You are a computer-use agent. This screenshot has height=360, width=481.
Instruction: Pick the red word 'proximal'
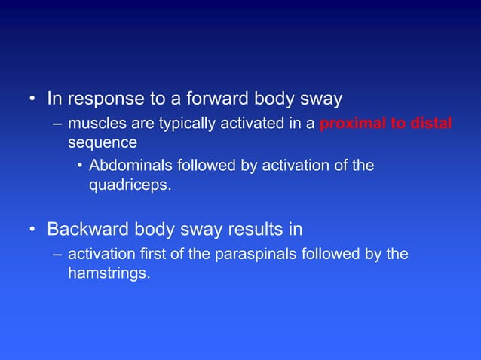352,124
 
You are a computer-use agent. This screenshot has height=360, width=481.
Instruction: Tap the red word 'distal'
431,124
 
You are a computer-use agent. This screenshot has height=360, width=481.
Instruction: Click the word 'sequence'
103,142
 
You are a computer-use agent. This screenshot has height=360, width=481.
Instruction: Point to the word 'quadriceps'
127,184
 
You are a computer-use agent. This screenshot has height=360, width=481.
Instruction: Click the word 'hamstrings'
109,273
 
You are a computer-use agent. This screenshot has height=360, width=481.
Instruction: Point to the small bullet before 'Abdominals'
80,166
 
